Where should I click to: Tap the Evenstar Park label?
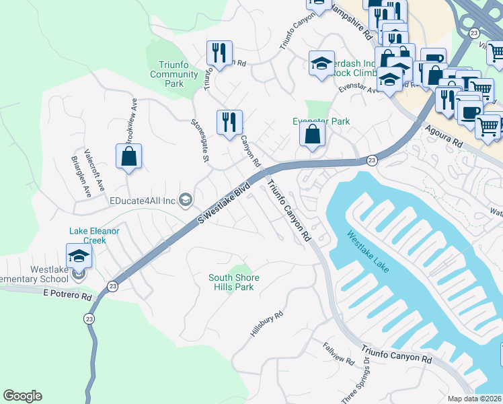[321, 121]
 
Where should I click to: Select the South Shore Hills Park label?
[234, 282]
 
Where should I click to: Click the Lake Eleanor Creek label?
[94, 236]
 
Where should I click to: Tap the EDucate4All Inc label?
[143, 200]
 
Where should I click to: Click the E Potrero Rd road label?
[67, 295]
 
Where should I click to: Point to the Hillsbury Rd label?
[267, 324]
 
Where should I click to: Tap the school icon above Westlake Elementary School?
[79, 257]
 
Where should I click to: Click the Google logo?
[22, 396]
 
